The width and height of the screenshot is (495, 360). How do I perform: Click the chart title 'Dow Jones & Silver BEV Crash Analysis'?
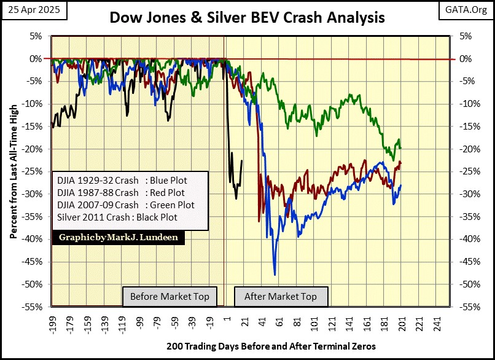pyautogui.click(x=247, y=17)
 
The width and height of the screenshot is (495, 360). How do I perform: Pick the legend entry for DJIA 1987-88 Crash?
pyautogui.click(x=120, y=193)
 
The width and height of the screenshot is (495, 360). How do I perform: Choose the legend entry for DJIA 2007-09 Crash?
pyautogui.click(x=125, y=205)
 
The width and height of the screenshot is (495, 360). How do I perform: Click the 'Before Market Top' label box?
pyautogui.click(x=170, y=297)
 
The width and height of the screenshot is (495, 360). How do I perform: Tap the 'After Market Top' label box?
pyautogui.click(x=281, y=297)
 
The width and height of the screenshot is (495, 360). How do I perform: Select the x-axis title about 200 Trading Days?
pyautogui.click(x=271, y=346)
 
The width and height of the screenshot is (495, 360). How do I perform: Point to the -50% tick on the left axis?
pyautogui.click(x=34, y=284)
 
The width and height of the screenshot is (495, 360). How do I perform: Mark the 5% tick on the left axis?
pyautogui.click(x=37, y=36)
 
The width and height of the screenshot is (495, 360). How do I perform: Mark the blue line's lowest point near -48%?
pyautogui.click(x=275, y=275)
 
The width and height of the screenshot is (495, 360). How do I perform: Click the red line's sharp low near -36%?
pyautogui.click(x=259, y=221)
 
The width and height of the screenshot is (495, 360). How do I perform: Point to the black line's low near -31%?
pyautogui.click(x=236, y=198)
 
